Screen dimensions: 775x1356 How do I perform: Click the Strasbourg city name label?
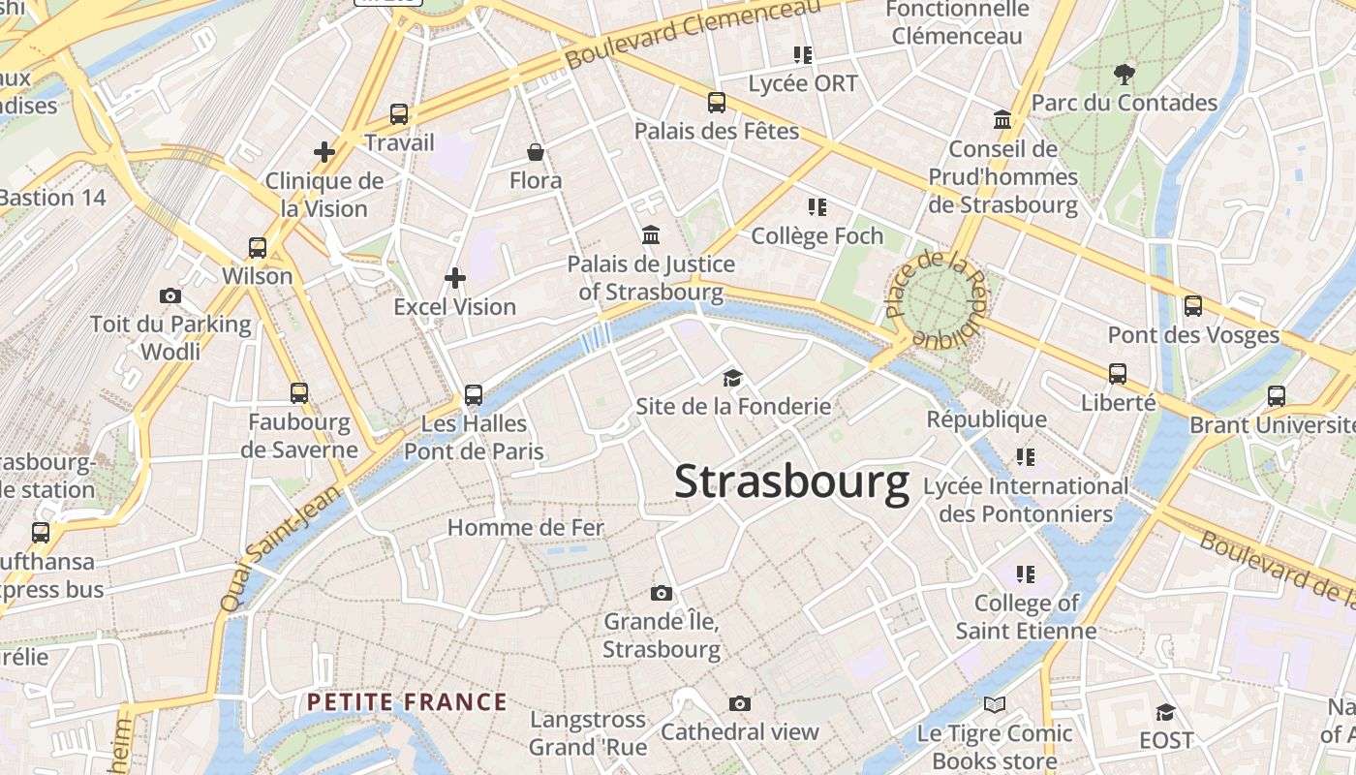point(791,481)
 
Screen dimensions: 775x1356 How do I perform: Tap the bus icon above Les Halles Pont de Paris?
point(473,394)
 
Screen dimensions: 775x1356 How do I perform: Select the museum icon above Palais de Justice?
point(651,234)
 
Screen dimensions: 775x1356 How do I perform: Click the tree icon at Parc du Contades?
point(1124,74)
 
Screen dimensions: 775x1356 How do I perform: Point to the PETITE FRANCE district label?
point(407,701)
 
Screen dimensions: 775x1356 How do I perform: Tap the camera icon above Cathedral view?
point(740,703)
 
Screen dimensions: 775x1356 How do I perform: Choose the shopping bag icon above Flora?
point(535,152)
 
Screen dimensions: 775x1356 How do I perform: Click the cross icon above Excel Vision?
point(454,278)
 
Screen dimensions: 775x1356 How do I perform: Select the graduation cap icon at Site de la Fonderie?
point(732,378)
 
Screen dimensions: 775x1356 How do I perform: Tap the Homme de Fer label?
point(525,527)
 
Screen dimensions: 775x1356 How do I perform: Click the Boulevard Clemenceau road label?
point(692,34)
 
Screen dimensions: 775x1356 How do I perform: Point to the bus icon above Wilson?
point(257,247)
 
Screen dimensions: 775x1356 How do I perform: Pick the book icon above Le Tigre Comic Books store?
point(994,704)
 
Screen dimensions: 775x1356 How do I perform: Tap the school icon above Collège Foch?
point(817,206)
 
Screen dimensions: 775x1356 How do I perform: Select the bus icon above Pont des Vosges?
point(1192,306)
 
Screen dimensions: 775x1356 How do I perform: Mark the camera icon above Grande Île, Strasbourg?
point(661,593)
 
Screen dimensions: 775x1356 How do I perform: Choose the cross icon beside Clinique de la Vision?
point(324,152)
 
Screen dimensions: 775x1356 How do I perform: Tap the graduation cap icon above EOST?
point(1165,712)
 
